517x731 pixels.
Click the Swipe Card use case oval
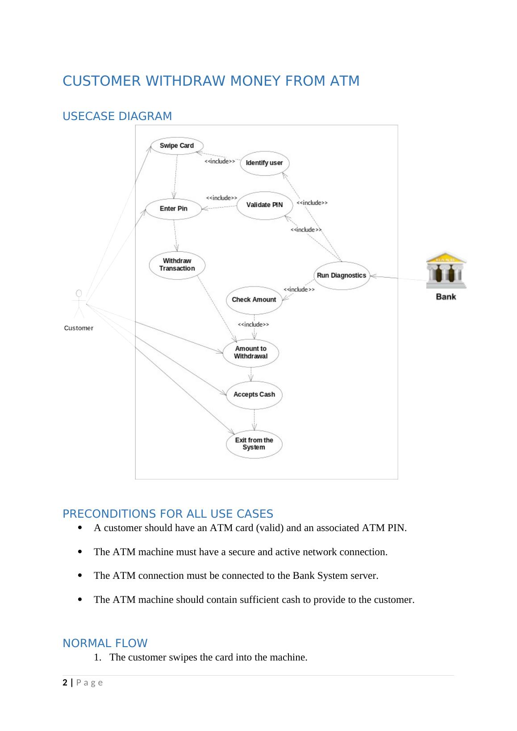pyautogui.click(x=177, y=146)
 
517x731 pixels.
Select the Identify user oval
pyautogui.click(x=264, y=163)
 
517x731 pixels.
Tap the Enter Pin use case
pyautogui.click(x=174, y=209)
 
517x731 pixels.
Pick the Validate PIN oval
pyautogui.click(x=264, y=205)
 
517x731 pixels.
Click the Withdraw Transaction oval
pyautogui.click(x=177, y=265)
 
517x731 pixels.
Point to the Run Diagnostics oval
pyautogui.click(x=342, y=276)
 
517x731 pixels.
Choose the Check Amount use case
pyautogui.click(x=254, y=300)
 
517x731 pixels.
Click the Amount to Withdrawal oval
pyautogui.click(x=251, y=353)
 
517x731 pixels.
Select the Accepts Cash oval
pyautogui.click(x=254, y=395)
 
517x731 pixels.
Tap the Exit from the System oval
pyautogui.click(x=254, y=444)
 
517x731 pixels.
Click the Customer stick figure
pyautogui.click(x=79, y=304)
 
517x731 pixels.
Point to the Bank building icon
pyautogui.click(x=446, y=270)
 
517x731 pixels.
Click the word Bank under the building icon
pyautogui.click(x=446, y=297)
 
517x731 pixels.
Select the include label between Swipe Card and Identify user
pyautogui.click(x=220, y=162)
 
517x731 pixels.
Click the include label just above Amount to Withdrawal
pyautogui.click(x=253, y=325)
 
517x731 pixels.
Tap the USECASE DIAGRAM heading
pyautogui.click(x=117, y=116)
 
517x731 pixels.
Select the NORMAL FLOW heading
pyautogui.click(x=105, y=644)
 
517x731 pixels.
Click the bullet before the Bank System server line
pyautogui.click(x=80, y=575)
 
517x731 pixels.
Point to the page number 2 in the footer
pyautogui.click(x=65, y=682)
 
